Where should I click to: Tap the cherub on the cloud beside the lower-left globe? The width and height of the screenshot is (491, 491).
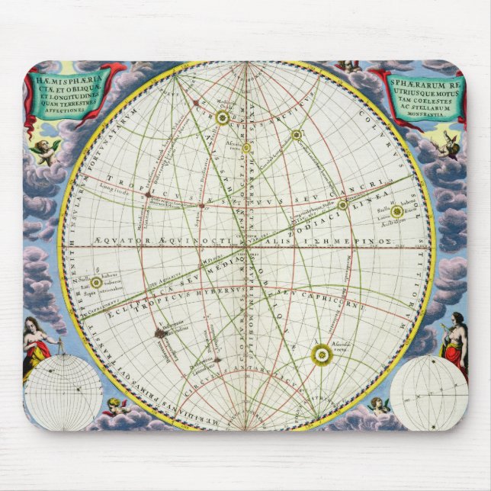point(114,407)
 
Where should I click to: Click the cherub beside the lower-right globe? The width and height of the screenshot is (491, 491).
point(377,405)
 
